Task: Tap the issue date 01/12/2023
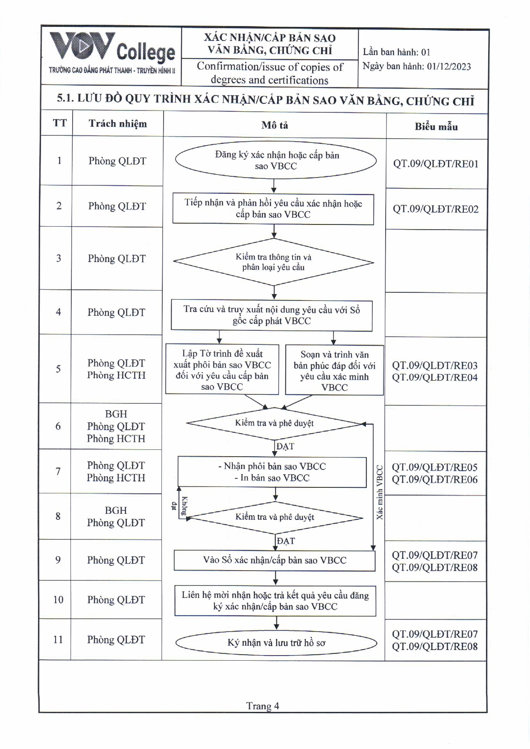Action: (448, 67)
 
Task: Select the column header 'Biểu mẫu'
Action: (436, 126)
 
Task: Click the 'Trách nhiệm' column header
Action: (117, 124)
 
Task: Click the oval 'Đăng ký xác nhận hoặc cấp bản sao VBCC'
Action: (276, 160)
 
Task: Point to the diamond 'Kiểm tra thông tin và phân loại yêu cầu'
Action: (273, 262)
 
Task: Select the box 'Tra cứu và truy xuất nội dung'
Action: (272, 315)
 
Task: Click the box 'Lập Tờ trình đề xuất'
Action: (222, 370)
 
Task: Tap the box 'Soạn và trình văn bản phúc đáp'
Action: (334, 370)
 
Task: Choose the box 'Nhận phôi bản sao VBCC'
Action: (272, 472)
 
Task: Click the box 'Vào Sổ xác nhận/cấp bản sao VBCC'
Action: (275, 560)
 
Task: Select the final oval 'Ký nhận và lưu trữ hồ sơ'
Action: (276, 643)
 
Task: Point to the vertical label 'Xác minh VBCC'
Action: (380, 492)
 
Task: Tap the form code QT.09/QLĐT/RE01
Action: (436, 164)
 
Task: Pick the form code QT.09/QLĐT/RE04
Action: (435, 377)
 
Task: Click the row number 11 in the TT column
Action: (58, 639)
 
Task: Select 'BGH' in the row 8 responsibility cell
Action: (116, 510)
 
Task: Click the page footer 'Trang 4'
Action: (263, 706)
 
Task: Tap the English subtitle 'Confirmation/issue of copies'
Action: (270, 67)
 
